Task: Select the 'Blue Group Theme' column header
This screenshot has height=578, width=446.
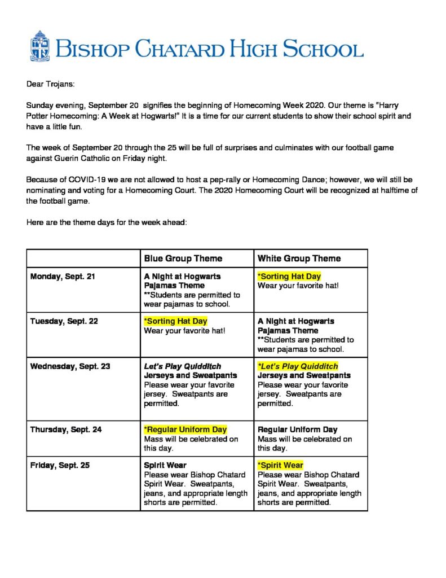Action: point(183,259)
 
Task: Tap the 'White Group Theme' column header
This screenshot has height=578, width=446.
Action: point(299,259)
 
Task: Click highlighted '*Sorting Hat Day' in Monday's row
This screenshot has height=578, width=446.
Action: point(289,277)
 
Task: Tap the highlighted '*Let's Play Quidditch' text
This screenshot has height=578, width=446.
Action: point(298,366)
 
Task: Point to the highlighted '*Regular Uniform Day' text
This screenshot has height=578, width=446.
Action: point(186,430)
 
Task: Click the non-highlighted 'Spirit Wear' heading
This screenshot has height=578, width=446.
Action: point(165,466)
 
